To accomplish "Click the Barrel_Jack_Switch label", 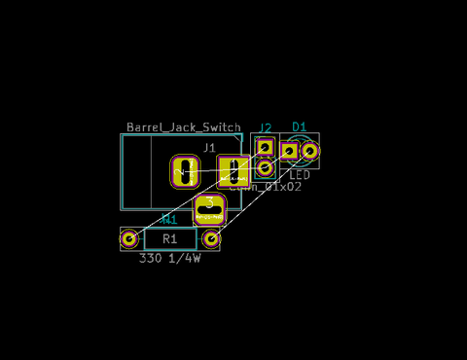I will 183,127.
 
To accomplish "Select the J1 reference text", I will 209,148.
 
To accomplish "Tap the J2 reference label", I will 265,127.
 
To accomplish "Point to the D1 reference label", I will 300,126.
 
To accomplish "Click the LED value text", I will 300,175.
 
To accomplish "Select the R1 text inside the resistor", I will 170,238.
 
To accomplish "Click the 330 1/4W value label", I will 169,259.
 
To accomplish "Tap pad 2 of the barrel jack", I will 186,171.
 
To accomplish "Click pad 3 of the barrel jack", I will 210,208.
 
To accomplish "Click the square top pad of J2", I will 265,147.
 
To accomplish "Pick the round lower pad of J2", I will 265,166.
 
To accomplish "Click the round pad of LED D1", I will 309,150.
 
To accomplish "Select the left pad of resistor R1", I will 129,237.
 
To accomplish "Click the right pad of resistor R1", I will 211,237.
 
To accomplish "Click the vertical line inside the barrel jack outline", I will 149,171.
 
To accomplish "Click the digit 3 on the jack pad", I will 210,202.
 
